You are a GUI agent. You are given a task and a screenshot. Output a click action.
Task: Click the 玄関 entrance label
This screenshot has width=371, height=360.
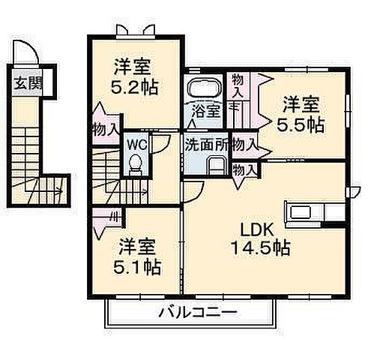pyautogui.click(x=26, y=82)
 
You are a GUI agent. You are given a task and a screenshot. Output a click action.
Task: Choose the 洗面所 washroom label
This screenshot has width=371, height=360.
pyautogui.click(x=205, y=142)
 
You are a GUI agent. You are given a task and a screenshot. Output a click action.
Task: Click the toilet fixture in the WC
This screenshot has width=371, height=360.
pyautogui.click(x=136, y=163)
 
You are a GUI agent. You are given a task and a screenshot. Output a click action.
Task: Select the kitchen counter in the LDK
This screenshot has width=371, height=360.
pyautogui.click(x=307, y=208)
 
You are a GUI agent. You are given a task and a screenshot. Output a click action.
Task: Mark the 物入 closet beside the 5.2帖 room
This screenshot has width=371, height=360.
pyautogui.click(x=105, y=129)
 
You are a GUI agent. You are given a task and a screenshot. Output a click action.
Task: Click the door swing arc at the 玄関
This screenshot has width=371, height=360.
pyautogui.click(x=28, y=55)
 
